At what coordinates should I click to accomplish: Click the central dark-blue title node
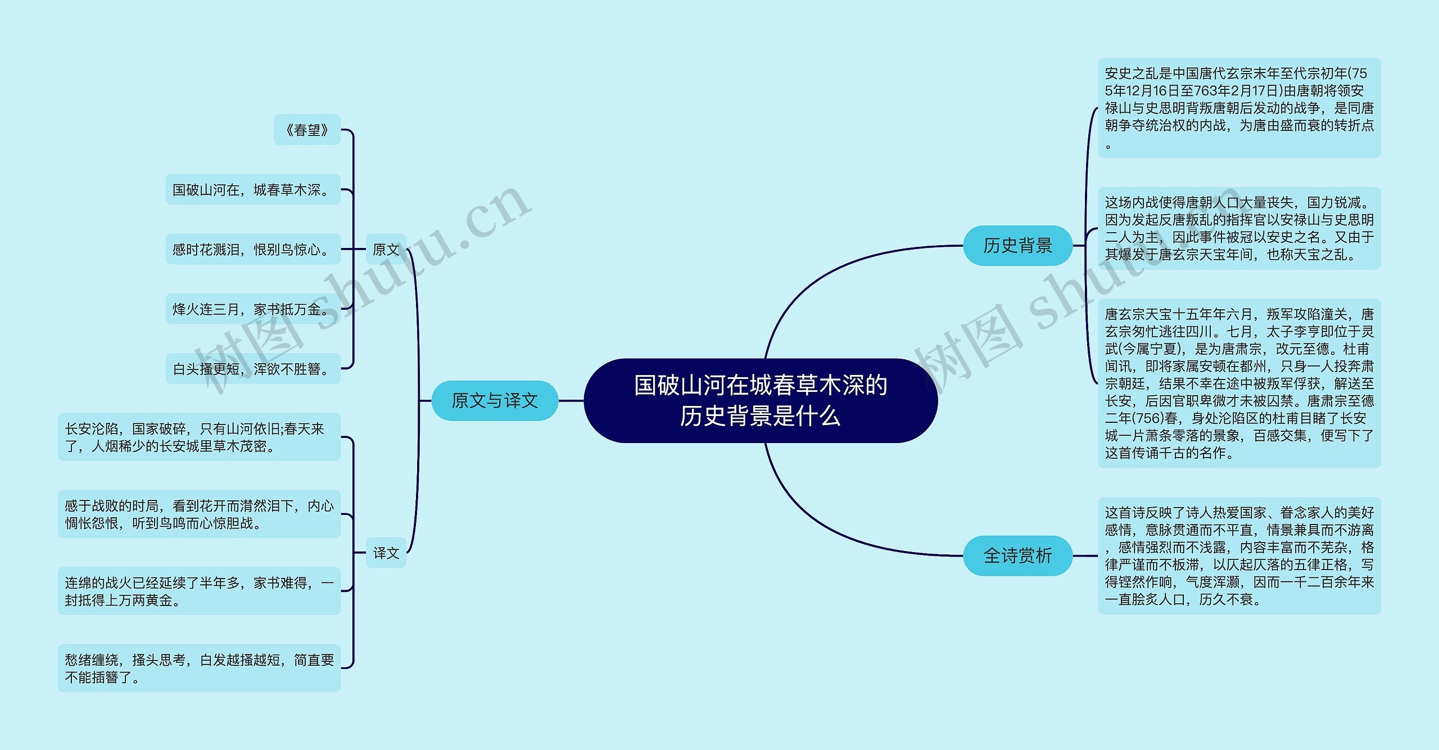point(760,400)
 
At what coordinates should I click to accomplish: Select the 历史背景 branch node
point(1017,246)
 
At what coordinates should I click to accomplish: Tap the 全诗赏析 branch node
point(1017,555)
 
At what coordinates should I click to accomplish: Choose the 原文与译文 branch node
point(495,400)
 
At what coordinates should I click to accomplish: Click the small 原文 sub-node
point(386,249)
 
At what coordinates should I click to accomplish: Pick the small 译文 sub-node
point(386,553)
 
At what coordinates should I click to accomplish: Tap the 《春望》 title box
point(307,130)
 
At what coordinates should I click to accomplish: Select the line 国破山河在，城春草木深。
point(252,189)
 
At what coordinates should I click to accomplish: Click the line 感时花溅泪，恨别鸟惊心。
point(252,249)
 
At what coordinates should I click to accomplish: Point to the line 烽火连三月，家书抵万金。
point(252,309)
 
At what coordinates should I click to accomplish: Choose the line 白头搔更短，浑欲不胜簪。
point(252,368)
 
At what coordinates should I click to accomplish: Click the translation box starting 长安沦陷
point(199,437)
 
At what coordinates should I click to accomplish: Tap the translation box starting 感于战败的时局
point(199,514)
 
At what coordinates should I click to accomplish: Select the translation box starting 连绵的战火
point(199,591)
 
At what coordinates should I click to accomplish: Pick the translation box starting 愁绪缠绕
point(199,668)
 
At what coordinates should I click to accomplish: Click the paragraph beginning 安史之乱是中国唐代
point(1239,107)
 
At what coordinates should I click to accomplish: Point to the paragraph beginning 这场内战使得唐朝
point(1239,228)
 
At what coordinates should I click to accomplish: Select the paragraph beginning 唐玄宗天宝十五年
point(1239,383)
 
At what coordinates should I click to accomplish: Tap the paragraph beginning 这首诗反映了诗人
point(1239,555)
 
